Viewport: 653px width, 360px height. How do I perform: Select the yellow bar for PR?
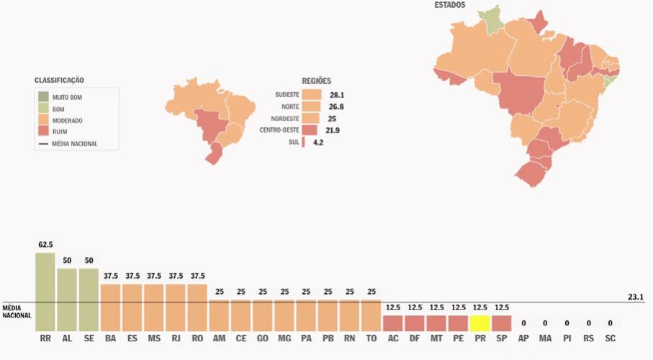tap(479, 323)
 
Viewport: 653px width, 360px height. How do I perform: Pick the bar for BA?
tap(110, 307)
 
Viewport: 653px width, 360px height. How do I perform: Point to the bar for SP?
tap(501, 323)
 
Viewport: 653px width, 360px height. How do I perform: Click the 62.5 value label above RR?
tap(45, 245)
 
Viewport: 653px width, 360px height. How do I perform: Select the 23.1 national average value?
tap(635, 296)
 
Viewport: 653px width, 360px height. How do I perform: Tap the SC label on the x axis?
tap(610, 338)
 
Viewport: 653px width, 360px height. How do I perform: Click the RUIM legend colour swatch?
tap(44, 132)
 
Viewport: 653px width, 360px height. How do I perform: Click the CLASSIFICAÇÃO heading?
tap(64, 80)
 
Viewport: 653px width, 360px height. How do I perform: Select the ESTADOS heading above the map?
tap(449, 5)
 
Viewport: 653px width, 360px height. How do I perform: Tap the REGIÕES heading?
tap(316, 81)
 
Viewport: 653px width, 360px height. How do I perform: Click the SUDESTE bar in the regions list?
tap(312, 94)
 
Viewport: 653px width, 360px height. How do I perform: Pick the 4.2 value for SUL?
tap(318, 143)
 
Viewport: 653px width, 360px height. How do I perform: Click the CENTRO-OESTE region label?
tap(279, 130)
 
